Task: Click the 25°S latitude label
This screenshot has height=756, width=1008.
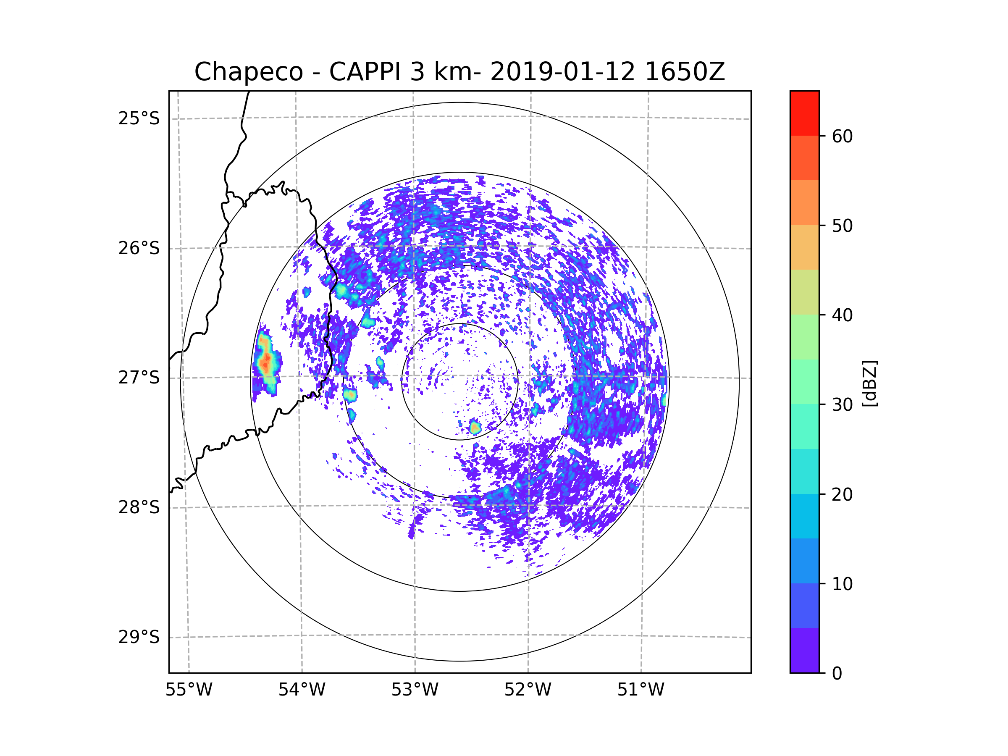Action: [139, 118]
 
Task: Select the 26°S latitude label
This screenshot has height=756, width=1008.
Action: [139, 248]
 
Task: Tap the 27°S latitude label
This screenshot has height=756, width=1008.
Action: [139, 378]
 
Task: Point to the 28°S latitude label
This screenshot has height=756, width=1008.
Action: [139, 507]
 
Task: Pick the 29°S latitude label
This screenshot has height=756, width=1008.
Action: [139, 637]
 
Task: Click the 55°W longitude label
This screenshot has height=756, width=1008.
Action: [189, 690]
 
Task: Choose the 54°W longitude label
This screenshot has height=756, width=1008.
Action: [302, 690]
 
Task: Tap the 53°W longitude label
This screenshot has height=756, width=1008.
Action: [415, 690]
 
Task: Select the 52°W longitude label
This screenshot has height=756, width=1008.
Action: [528, 690]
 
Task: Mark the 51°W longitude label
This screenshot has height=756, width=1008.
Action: [640, 690]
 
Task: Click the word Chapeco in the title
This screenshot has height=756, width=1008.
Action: [248, 72]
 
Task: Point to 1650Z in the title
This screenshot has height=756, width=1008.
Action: [685, 72]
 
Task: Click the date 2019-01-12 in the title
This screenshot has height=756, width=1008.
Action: [562, 72]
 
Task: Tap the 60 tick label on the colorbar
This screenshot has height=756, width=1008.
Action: [842, 136]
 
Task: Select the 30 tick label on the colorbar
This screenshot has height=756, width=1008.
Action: [842, 404]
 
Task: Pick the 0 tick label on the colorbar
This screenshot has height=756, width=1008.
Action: [837, 674]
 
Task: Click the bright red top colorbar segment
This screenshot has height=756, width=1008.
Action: [804, 113]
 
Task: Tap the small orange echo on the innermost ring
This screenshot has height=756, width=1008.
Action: [475, 428]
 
